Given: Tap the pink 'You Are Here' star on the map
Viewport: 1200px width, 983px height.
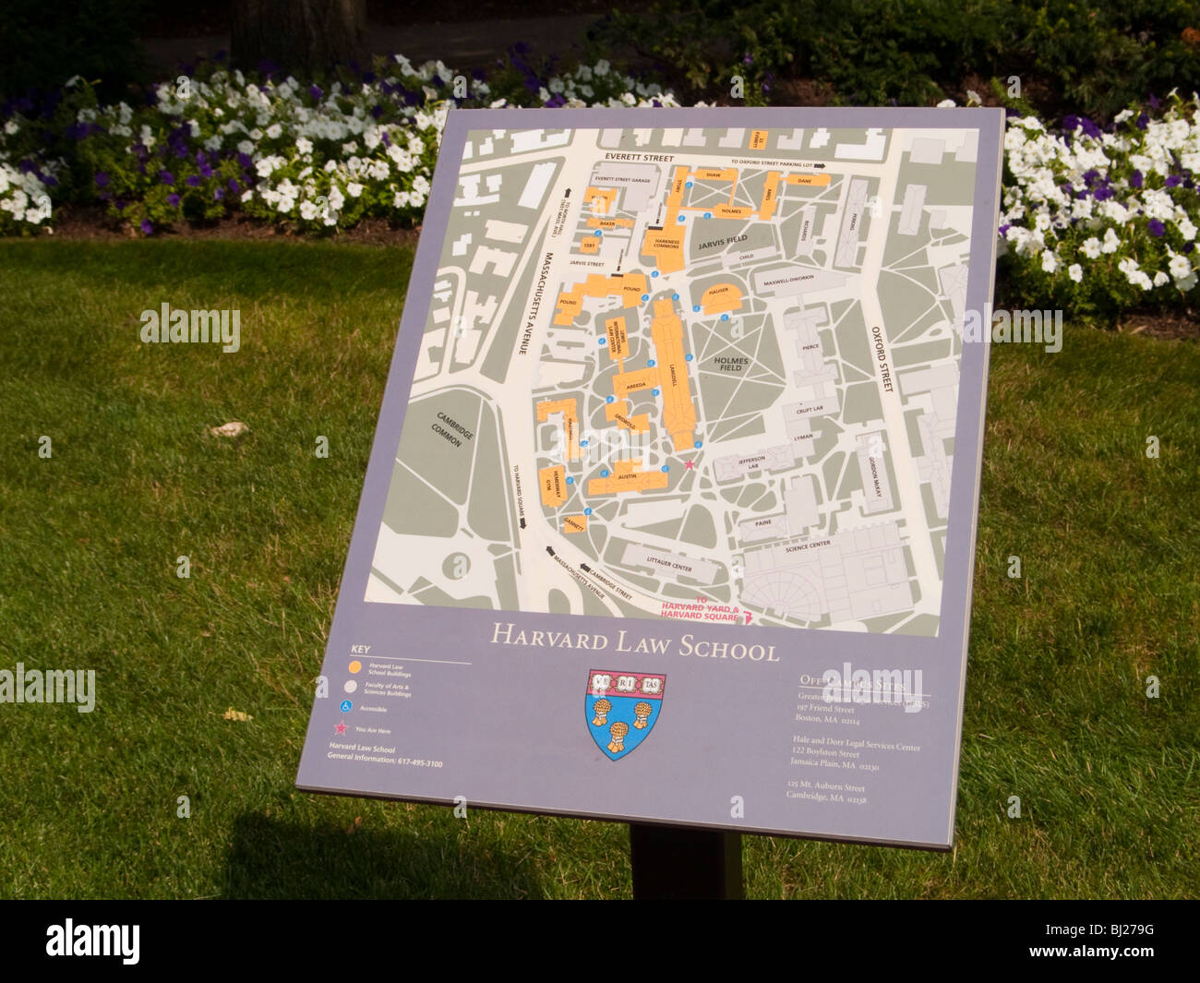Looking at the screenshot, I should tap(689, 464).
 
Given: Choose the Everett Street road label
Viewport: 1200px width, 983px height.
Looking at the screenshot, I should tap(634, 158).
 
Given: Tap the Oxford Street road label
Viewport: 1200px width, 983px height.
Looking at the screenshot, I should tap(884, 359).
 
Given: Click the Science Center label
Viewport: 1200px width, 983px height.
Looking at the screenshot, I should tap(808, 546).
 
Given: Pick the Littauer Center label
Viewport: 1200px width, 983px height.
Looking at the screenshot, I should tap(668, 562).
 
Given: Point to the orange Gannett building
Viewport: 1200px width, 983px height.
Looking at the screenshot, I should tap(574, 523).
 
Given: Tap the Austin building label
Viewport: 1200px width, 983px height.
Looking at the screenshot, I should tap(628, 476).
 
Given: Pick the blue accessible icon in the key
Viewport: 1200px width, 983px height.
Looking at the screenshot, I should tap(347, 707).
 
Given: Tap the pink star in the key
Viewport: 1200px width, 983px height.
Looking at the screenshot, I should tap(342, 729).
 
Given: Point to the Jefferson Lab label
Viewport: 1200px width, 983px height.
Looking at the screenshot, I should tap(751, 462).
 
